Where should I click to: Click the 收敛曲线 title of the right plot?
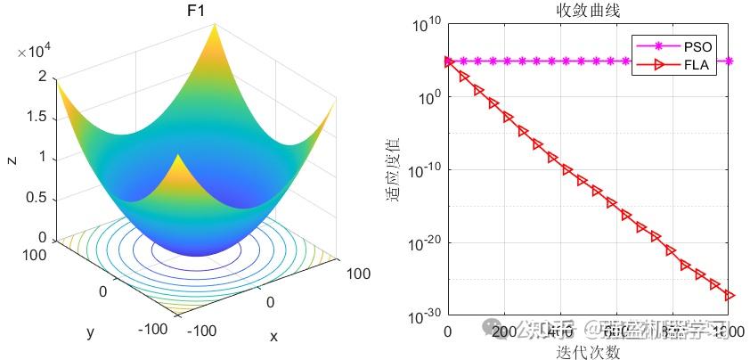(x=588, y=11)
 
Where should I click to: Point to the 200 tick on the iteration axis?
(x=504, y=332)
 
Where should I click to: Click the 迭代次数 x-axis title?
(x=588, y=351)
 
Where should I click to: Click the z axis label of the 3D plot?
(x=11, y=160)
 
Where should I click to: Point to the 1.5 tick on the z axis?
(x=37, y=119)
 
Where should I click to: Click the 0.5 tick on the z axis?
(x=37, y=198)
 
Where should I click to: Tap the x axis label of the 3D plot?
(x=273, y=336)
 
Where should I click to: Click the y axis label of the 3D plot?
(x=90, y=332)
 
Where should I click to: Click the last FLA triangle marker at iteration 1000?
(x=730, y=295)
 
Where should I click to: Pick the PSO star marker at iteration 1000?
(x=730, y=61)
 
